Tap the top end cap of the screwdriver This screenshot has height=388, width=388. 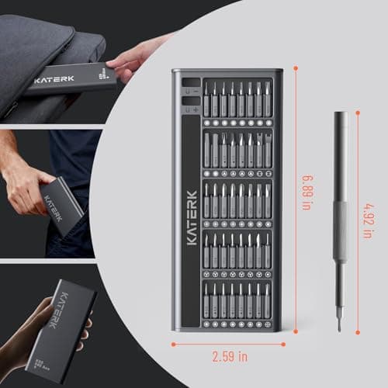pyautogui.click(x=340, y=116)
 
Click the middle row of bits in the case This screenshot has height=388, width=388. pyautogui.click(x=237, y=200)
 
